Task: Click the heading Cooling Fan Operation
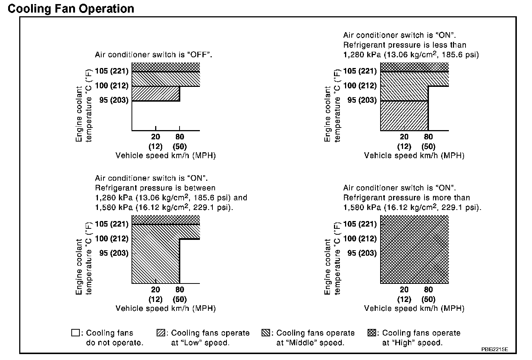coord(71,9)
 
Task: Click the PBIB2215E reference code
coord(495,349)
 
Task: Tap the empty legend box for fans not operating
coord(75,333)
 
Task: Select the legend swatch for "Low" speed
coord(161,333)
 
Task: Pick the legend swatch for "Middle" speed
coord(266,333)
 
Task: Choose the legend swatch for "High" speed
coord(372,333)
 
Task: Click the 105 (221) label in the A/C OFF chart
coord(112,71)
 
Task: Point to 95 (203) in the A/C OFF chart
coord(114,100)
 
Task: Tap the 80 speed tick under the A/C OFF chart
coord(180,137)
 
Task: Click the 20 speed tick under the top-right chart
coord(404,137)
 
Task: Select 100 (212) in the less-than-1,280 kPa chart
coord(360,86)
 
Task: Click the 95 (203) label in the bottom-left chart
coord(114,253)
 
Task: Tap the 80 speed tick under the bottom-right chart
coord(428,290)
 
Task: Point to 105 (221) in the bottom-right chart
coord(360,224)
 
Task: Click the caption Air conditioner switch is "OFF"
coord(153,55)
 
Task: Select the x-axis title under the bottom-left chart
coord(166,308)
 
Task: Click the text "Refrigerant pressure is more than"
coord(406,198)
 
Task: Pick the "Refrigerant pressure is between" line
coord(155,188)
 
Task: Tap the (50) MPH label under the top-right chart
coord(428,146)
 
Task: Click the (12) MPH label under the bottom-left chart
coord(156,299)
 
